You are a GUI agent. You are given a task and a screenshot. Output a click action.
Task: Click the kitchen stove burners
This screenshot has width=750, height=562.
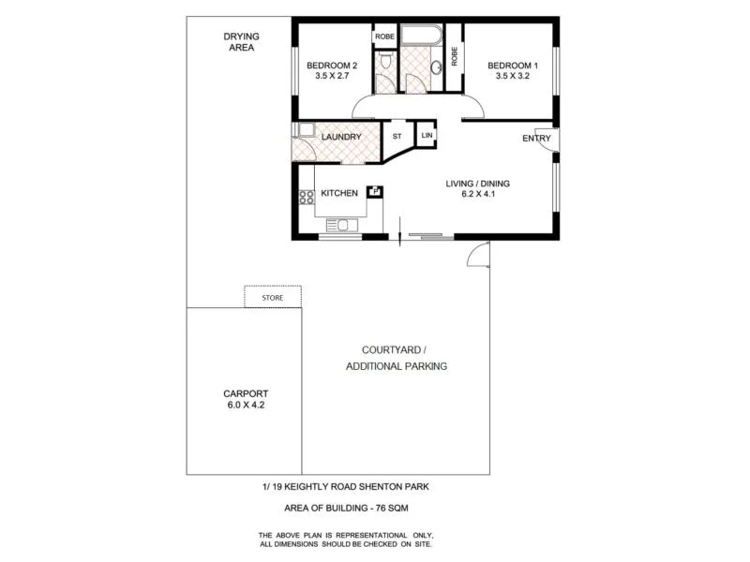tap(306, 197)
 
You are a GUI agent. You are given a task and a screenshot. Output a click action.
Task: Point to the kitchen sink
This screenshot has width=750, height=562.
tap(342, 225)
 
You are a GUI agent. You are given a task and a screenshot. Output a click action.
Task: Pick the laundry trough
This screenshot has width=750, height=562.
tap(306, 130)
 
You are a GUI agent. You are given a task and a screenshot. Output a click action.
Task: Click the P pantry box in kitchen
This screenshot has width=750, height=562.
tap(375, 191)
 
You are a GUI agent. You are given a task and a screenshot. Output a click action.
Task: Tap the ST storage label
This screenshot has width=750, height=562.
tap(397, 137)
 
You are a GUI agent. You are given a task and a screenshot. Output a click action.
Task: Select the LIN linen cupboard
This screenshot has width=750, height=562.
tap(427, 136)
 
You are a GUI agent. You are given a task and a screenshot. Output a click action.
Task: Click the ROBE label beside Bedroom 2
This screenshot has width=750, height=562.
tap(385, 37)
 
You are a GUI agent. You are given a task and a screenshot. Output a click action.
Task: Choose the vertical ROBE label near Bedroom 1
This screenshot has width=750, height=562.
tap(455, 56)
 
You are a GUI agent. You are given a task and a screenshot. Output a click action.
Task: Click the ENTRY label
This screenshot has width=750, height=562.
tap(537, 140)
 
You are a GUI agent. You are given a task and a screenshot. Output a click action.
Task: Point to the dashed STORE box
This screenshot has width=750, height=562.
tap(272, 297)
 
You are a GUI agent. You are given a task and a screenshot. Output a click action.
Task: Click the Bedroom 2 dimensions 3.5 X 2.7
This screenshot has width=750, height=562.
tap(332, 77)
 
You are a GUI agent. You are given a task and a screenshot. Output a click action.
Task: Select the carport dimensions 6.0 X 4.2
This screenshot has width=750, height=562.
tap(247, 406)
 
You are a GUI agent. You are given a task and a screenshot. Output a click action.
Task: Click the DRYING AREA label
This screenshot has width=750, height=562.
tap(241, 42)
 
